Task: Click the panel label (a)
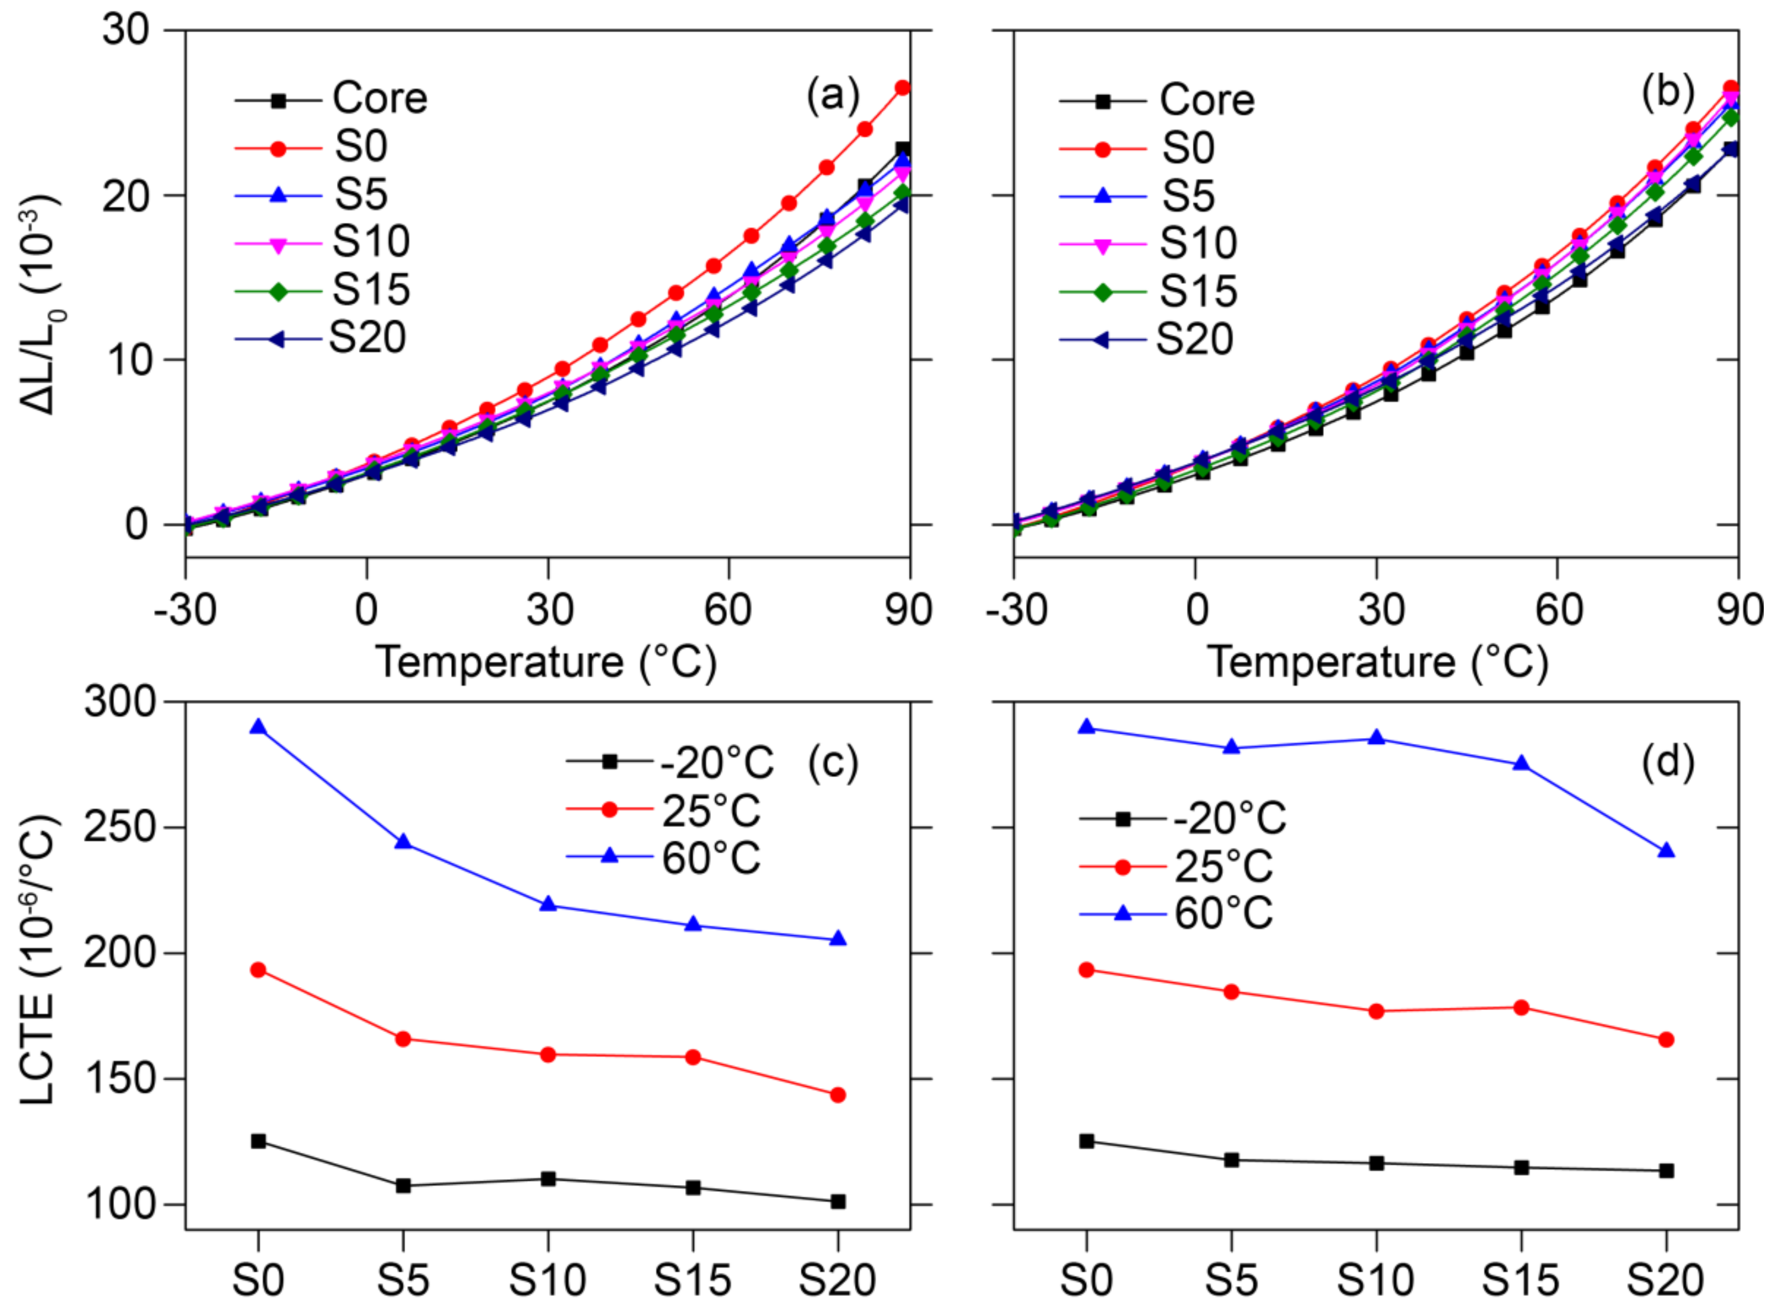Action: [x=833, y=97]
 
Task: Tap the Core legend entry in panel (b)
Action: [x=1157, y=100]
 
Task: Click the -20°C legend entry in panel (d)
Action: [x=1183, y=818]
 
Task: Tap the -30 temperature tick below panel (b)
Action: [x=1015, y=610]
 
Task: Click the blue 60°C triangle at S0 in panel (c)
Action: [x=258, y=727]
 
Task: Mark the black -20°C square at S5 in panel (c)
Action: [x=403, y=1186]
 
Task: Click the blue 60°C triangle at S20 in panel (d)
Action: [x=1666, y=851]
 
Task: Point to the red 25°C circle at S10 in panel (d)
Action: [x=1376, y=1012]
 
